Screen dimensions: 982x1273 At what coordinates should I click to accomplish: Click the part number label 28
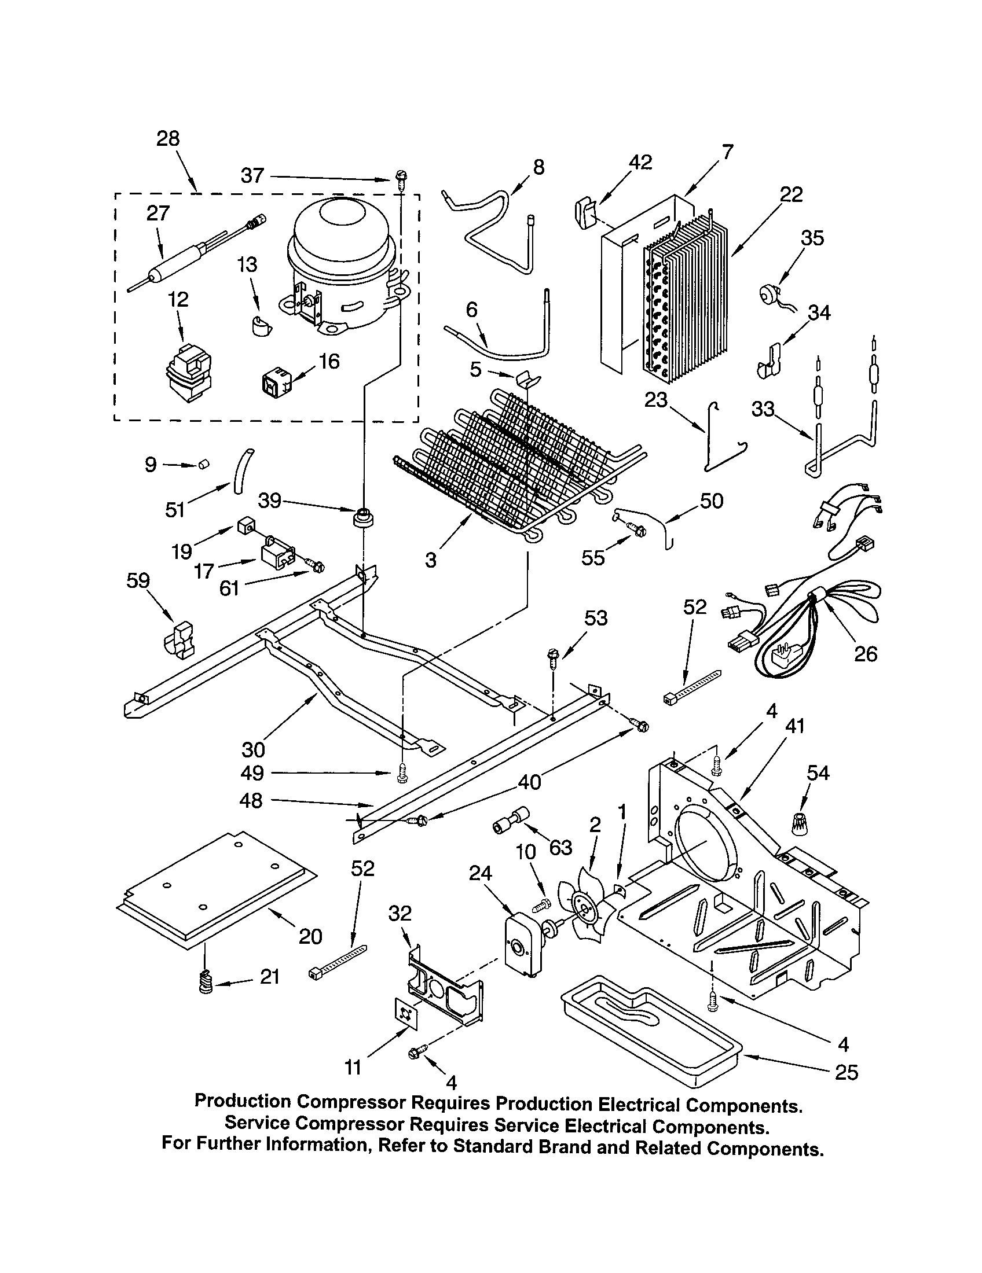[168, 138]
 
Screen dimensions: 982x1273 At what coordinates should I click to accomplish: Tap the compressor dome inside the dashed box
[344, 265]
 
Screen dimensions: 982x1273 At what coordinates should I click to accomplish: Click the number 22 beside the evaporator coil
[791, 194]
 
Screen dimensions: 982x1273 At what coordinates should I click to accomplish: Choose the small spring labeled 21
[205, 983]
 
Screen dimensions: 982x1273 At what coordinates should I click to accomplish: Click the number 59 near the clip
[138, 580]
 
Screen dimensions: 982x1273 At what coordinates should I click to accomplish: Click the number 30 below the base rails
[253, 749]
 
